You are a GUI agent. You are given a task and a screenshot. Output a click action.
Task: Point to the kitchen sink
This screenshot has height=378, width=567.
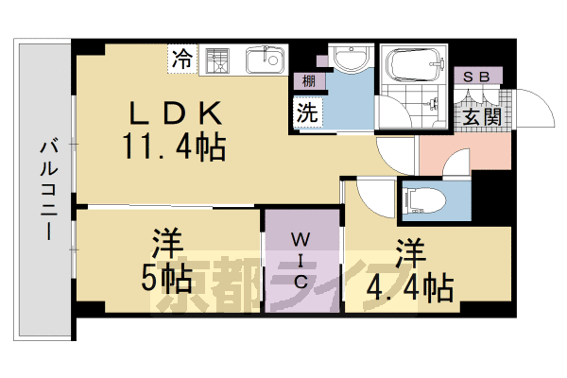point(266,60)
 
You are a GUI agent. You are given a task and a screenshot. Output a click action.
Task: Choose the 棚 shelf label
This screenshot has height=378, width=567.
point(309,82)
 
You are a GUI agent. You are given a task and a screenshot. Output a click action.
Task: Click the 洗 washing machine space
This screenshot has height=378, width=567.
point(308,111)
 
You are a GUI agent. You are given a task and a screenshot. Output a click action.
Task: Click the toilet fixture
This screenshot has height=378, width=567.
point(421,199)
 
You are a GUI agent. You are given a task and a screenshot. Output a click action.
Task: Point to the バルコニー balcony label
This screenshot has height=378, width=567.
point(44,189)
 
